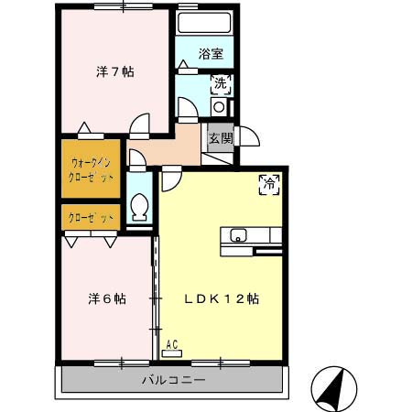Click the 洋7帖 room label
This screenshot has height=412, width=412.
coord(115,71)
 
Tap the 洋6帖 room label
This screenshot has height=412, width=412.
coord(107,299)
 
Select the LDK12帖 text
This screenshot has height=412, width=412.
coord(222,299)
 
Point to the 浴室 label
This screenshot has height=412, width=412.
coord(211,54)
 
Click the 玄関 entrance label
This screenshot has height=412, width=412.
coord(220,138)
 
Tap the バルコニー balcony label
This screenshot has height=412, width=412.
coord(173,380)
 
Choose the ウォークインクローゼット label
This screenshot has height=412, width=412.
coord(92,170)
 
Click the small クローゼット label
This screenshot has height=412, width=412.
coord(92,218)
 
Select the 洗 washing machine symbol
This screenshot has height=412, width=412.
coord(221,85)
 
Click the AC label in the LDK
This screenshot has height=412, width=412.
coord(172,346)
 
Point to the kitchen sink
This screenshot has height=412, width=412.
coord(239,233)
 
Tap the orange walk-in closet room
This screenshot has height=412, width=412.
coord(91,169)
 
